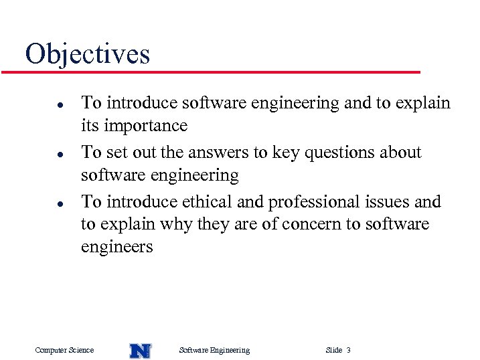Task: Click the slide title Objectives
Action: [87, 54]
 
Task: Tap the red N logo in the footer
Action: [140, 351]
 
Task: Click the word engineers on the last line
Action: [116, 247]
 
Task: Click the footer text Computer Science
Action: [64, 350]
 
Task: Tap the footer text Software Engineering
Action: [214, 350]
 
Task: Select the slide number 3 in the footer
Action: [348, 350]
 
